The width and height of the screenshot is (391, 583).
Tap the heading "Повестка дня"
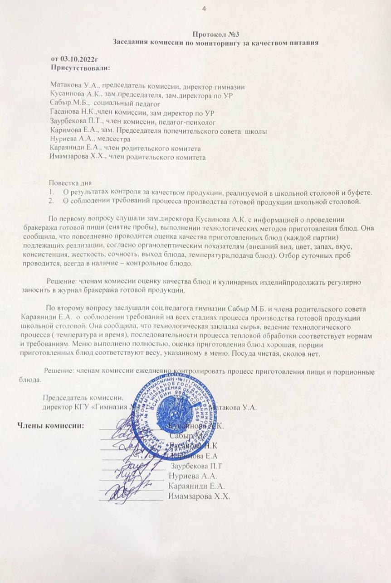[x=70, y=183]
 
